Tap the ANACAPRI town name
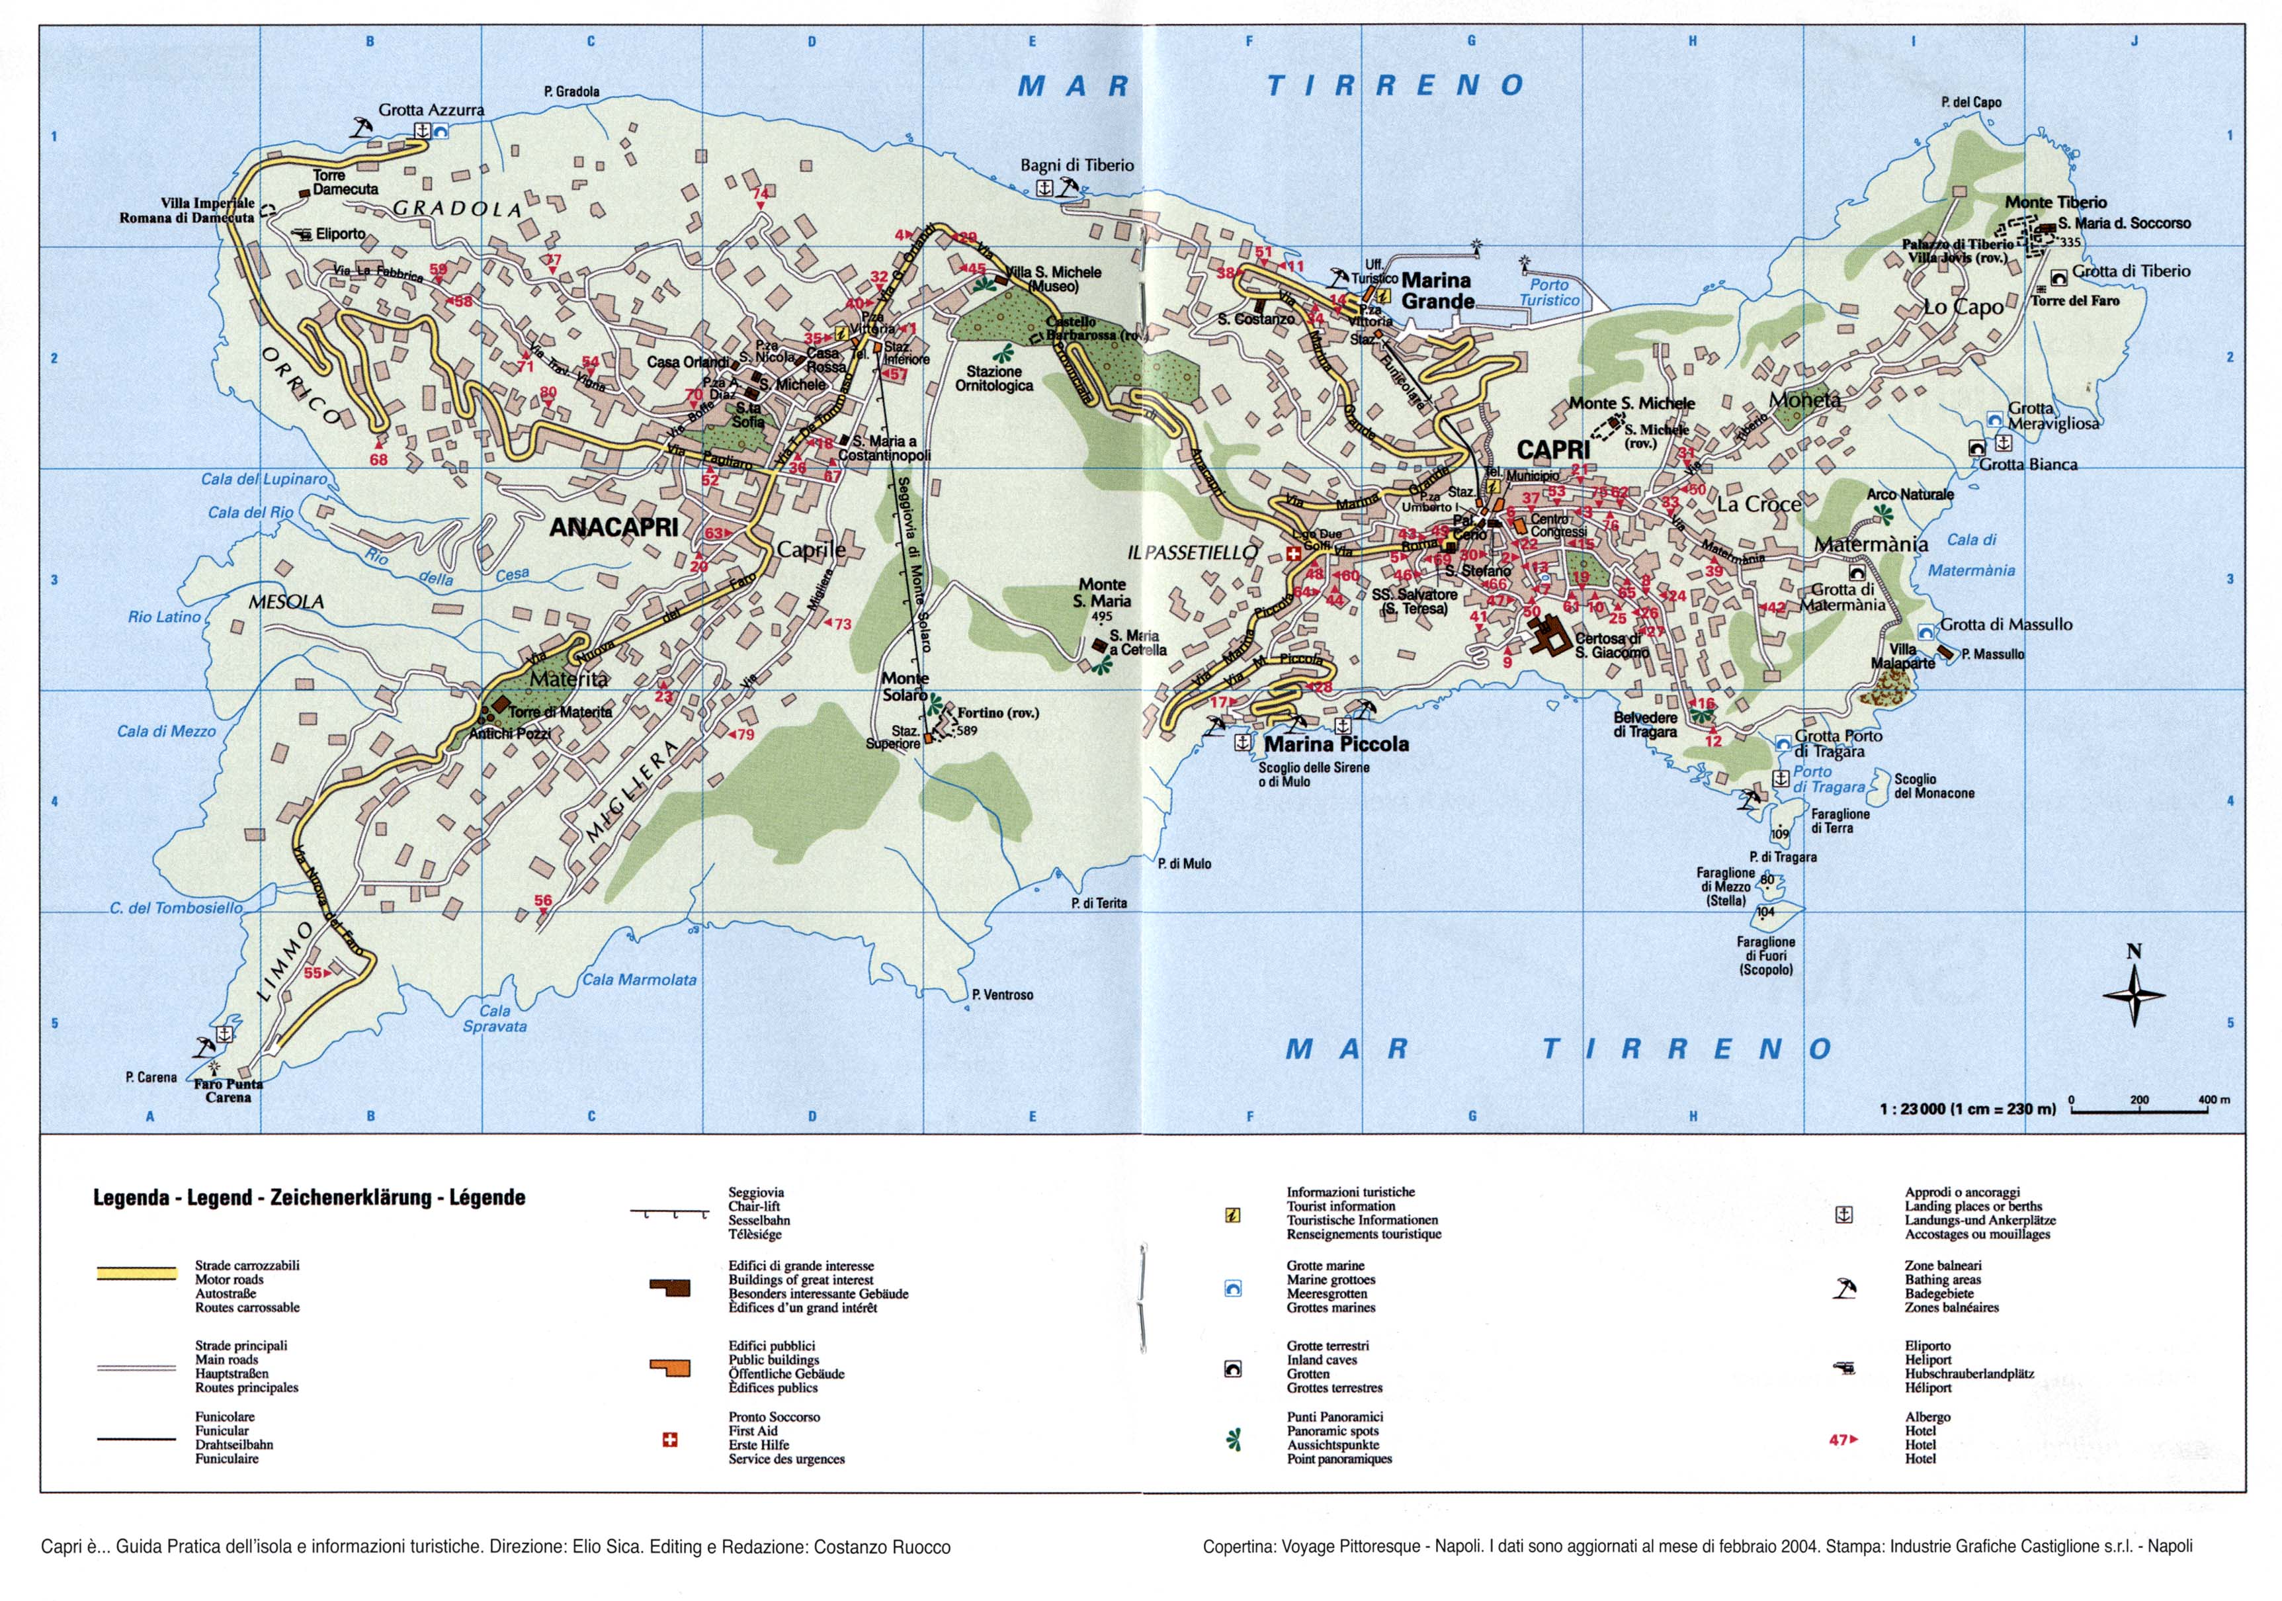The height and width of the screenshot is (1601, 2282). (x=613, y=528)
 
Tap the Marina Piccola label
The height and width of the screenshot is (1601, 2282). (x=1336, y=744)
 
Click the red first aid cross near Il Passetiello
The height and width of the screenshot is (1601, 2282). (x=1293, y=554)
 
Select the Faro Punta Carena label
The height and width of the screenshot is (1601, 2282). (x=229, y=1091)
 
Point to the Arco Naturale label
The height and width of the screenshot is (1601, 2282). (x=1910, y=494)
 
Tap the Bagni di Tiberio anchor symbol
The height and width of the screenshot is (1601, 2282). (x=1044, y=187)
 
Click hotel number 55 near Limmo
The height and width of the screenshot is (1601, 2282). (x=312, y=973)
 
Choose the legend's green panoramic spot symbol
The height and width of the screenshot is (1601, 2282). (x=1234, y=1439)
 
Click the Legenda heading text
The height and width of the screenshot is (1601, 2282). (x=308, y=1197)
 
